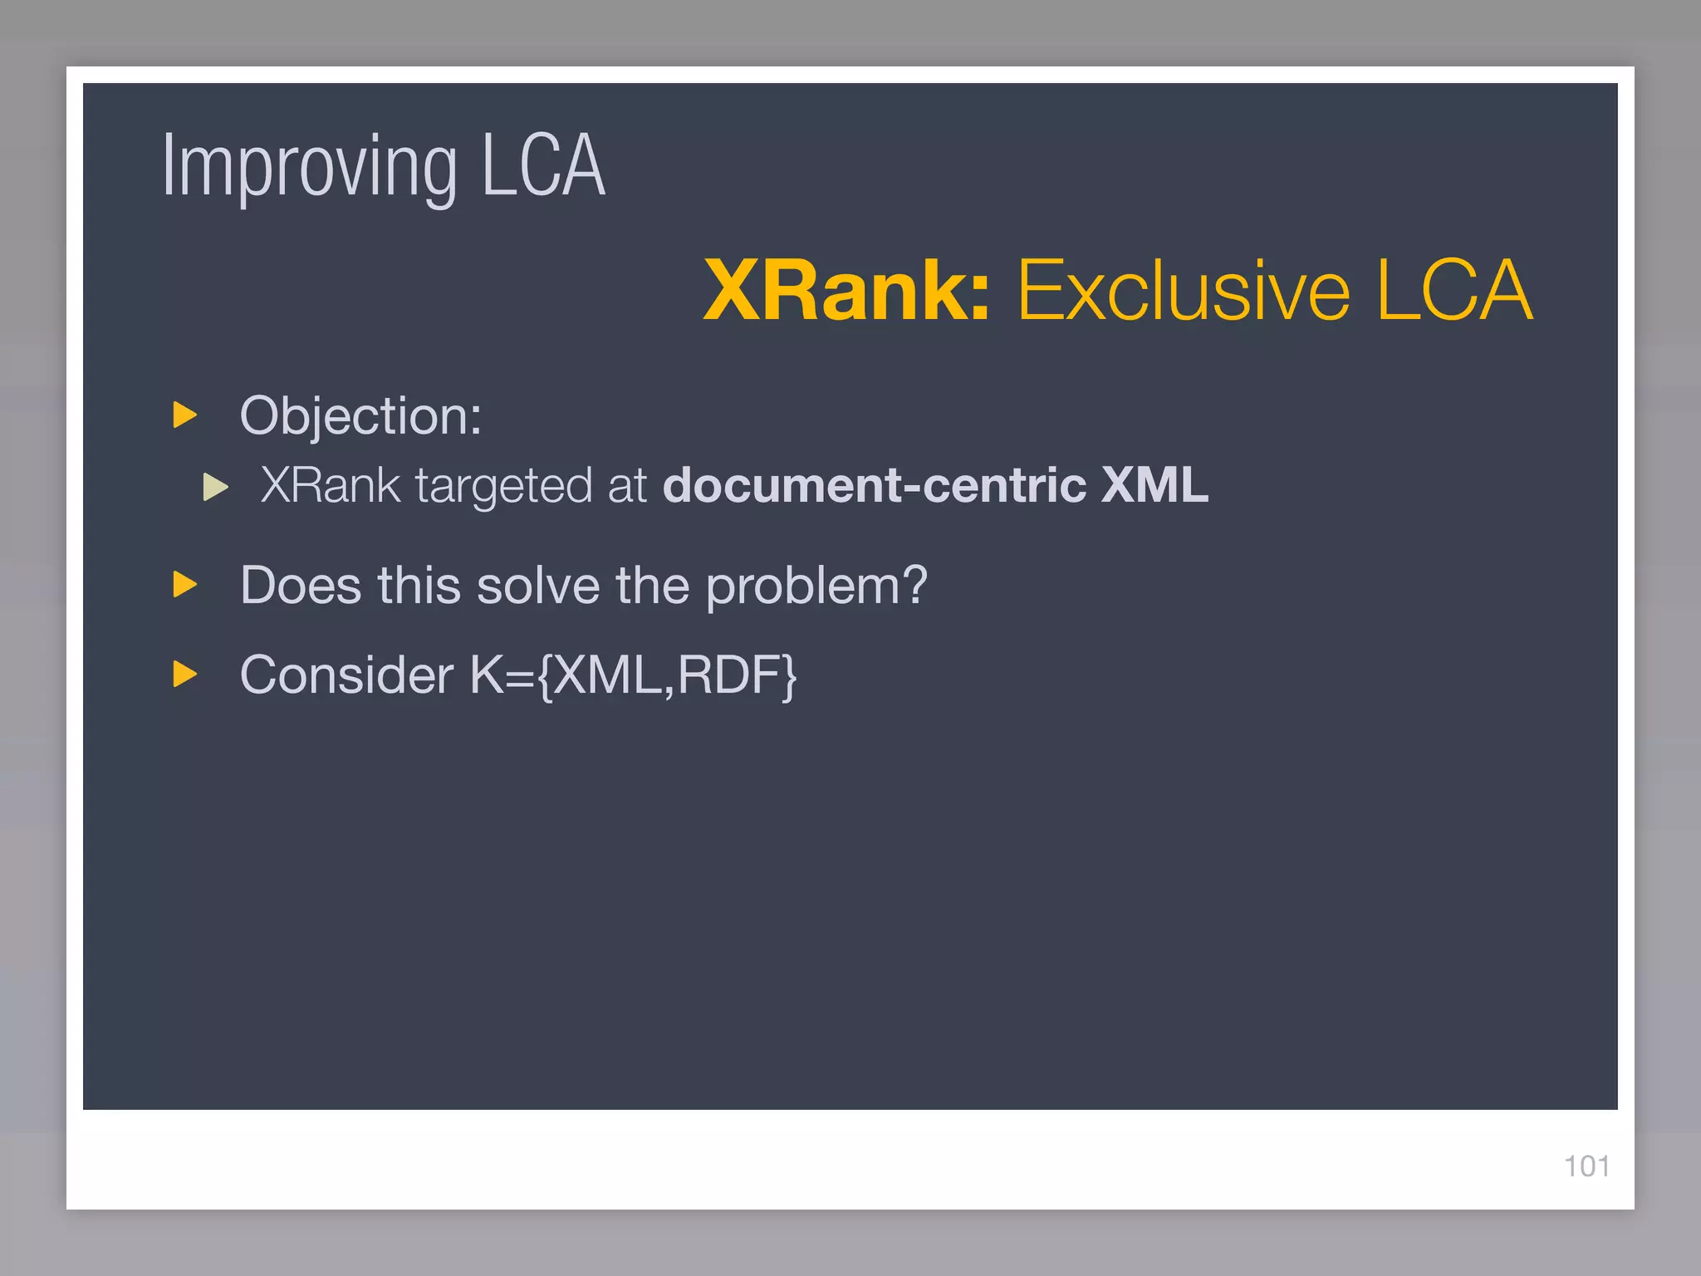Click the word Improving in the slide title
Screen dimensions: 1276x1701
(309, 168)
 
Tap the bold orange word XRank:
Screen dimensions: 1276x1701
(846, 290)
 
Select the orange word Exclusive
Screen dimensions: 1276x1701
(1184, 290)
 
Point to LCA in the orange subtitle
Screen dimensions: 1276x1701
(1454, 290)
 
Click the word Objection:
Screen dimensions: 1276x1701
(360, 415)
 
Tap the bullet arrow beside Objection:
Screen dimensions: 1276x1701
(184, 415)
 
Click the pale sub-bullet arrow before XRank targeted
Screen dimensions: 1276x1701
(215, 487)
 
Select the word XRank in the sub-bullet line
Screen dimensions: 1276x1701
(331, 485)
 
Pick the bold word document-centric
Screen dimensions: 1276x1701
(875, 485)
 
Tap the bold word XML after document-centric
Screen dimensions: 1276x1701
(1154, 485)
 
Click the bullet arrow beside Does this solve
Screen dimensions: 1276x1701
(184, 585)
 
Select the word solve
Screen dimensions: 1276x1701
(538, 586)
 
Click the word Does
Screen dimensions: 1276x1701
(301, 586)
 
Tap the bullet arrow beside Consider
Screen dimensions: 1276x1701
(184, 674)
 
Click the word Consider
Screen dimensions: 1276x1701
(346, 675)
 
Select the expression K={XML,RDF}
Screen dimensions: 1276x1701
(633, 675)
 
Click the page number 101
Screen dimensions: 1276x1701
(1586, 1166)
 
